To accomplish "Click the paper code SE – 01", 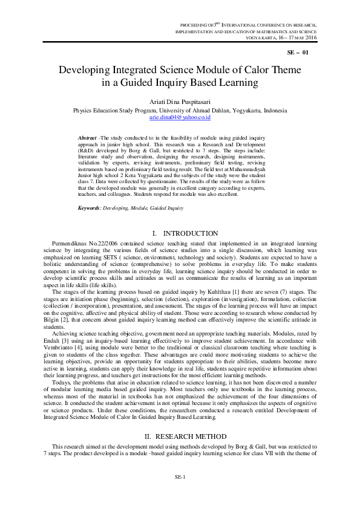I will tap(298, 53).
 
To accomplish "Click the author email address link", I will tap(180, 118).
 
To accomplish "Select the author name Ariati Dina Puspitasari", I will tap(180, 102).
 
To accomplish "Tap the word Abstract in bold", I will tap(88, 138).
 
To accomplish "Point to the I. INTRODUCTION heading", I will tap(180, 233).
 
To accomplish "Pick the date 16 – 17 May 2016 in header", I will tap(296, 37).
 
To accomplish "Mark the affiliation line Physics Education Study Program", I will tap(180, 111).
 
